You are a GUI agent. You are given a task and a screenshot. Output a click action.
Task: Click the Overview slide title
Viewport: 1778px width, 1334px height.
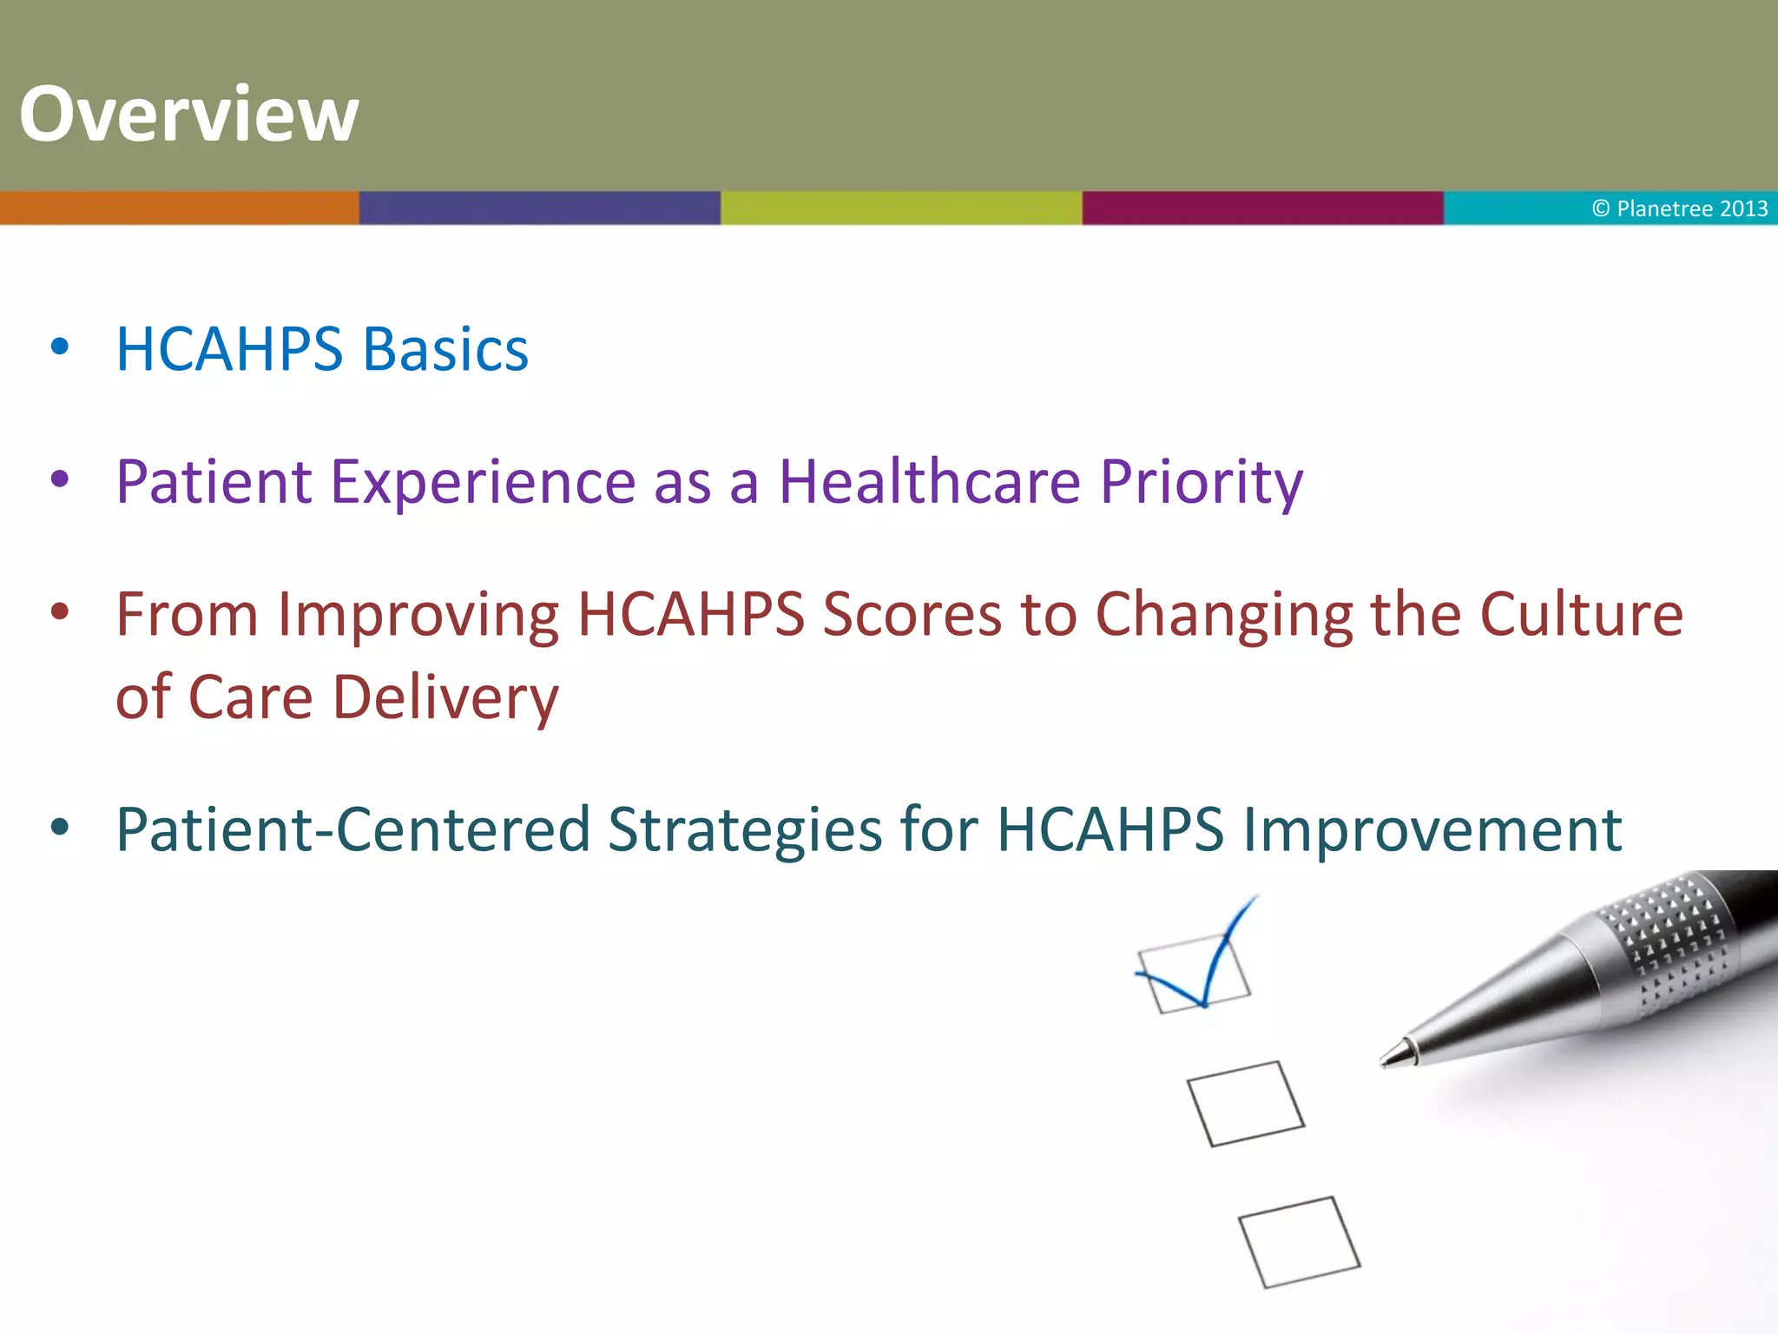click(x=188, y=114)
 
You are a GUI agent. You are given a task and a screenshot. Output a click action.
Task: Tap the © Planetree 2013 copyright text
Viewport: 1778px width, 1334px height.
click(x=1679, y=208)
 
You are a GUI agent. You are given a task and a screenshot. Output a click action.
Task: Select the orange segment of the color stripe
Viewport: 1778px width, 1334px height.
click(x=179, y=208)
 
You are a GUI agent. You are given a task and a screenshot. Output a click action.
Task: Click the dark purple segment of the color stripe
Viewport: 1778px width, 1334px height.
click(x=539, y=208)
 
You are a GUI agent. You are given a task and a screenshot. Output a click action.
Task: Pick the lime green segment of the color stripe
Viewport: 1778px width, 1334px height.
click(x=901, y=208)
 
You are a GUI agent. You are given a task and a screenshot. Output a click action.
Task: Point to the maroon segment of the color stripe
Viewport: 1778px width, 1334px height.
click(x=1262, y=208)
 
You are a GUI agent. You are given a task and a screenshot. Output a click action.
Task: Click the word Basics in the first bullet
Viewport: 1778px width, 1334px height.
click(x=445, y=350)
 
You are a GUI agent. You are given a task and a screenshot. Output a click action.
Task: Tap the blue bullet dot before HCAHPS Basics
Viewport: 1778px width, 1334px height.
click(x=60, y=347)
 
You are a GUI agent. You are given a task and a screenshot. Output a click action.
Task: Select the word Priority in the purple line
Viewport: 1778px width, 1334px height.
click(x=1202, y=483)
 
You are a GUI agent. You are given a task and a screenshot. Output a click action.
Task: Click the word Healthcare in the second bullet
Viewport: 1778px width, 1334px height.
click(x=930, y=481)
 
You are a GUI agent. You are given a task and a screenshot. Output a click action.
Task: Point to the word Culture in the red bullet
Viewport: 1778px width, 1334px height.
click(x=1581, y=615)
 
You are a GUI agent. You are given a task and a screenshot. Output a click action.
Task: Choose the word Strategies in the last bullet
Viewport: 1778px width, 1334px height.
click(x=745, y=830)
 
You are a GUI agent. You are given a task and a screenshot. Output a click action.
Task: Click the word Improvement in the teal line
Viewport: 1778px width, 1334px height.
click(x=1432, y=830)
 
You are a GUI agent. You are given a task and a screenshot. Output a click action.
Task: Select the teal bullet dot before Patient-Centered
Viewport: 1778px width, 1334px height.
click(x=60, y=828)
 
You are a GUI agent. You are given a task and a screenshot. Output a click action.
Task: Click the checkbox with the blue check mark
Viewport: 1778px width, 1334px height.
click(x=1194, y=974)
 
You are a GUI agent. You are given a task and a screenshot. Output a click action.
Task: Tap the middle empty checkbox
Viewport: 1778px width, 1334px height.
click(x=1245, y=1104)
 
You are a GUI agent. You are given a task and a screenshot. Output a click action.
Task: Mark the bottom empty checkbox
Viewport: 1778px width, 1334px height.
click(x=1298, y=1242)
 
